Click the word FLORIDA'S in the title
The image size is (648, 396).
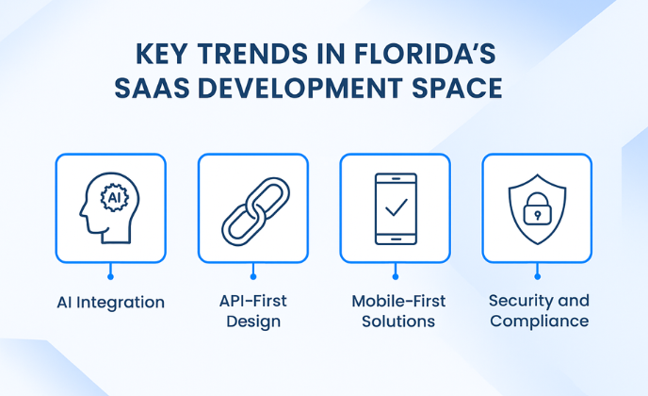[x=425, y=54]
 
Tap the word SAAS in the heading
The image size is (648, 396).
[x=152, y=88]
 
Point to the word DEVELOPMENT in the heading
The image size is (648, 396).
[x=300, y=88]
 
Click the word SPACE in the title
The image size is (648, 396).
[x=457, y=88]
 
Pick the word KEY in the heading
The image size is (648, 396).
[x=162, y=54]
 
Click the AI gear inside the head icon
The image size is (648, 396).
[x=115, y=198]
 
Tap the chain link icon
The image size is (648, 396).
[x=256, y=211]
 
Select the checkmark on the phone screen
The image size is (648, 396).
[x=397, y=207]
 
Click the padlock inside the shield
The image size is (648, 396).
[x=537, y=209]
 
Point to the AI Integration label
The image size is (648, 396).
[x=111, y=303]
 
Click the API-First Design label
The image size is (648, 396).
[x=253, y=311]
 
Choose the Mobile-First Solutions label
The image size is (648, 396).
[x=398, y=311]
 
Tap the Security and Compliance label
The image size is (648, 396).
[x=539, y=311]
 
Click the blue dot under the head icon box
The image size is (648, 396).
[x=110, y=277]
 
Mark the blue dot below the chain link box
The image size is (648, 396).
[x=253, y=277]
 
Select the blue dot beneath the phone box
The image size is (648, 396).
[x=396, y=277]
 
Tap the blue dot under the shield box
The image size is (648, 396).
[x=537, y=277]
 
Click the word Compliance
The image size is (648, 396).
[x=540, y=322]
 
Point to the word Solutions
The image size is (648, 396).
[x=398, y=322]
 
